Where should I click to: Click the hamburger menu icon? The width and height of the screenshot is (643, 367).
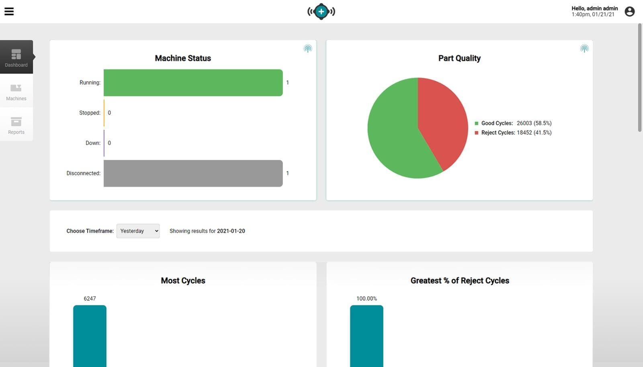(9, 11)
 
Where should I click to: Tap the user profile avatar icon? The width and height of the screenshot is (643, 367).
(629, 11)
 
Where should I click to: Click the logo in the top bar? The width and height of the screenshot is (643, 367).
(321, 11)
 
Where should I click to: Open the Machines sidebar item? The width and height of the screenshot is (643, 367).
(16, 91)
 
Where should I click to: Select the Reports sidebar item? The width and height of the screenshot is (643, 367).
(16, 125)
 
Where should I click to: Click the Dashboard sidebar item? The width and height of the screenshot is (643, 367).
(16, 57)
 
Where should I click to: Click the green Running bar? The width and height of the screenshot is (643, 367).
(193, 82)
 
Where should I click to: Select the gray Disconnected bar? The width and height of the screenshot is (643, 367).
(193, 173)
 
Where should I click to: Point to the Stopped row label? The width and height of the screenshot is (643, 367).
(90, 113)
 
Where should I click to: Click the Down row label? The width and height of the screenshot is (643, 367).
(93, 143)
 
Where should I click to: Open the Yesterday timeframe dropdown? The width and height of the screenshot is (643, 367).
(138, 231)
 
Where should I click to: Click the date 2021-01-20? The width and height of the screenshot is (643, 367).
(231, 231)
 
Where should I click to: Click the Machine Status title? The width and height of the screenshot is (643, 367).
(183, 58)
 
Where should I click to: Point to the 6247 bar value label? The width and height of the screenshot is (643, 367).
(90, 299)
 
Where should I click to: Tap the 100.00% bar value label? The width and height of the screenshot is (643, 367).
(367, 299)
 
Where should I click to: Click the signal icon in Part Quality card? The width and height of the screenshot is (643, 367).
(584, 49)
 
